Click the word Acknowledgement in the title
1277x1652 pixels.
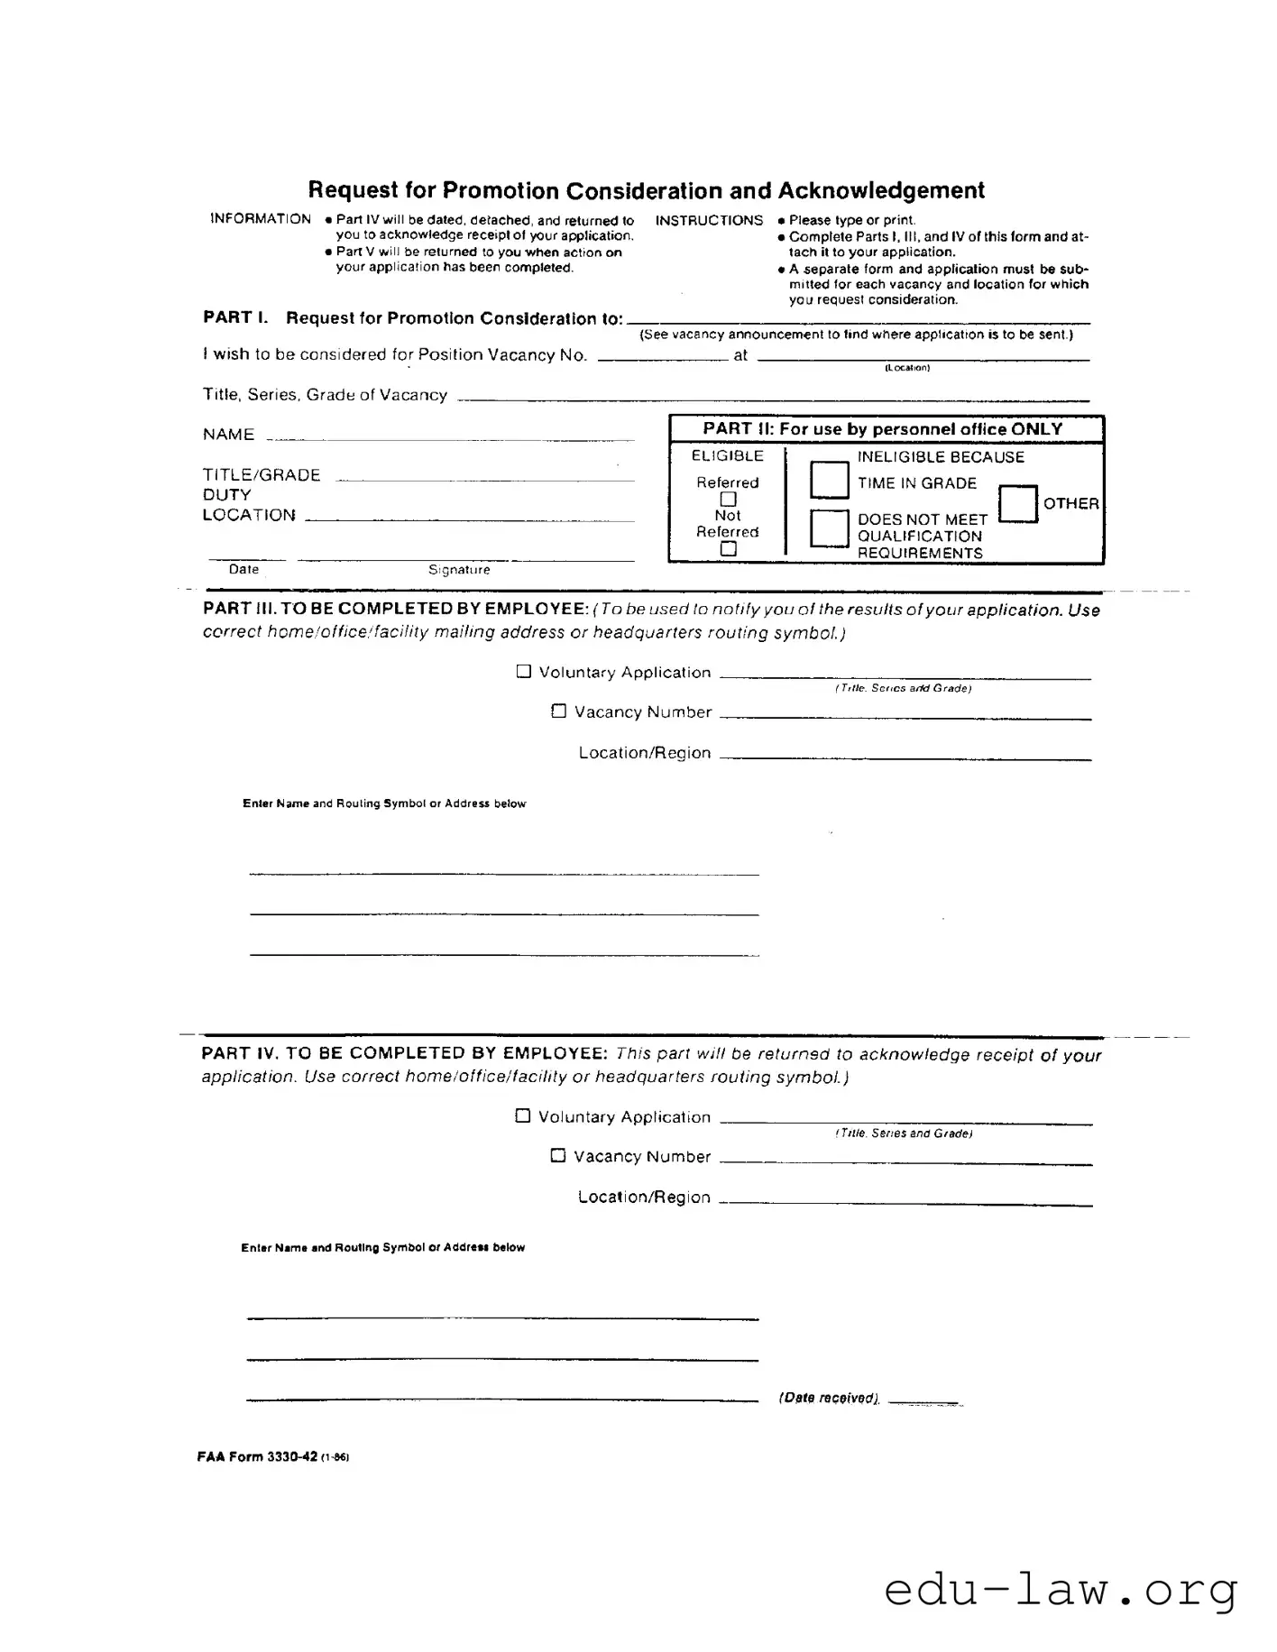(880, 190)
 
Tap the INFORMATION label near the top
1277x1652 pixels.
(260, 219)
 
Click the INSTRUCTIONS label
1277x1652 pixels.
(709, 220)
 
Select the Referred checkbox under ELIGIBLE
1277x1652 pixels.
(729, 500)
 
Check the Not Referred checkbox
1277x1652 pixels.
(729, 548)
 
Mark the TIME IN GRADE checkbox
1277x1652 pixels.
(829, 479)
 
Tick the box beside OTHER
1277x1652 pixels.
(1018, 503)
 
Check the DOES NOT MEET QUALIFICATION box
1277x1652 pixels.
(829, 528)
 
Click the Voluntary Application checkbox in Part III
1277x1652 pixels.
(524, 672)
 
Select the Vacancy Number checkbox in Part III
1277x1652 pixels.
(559, 711)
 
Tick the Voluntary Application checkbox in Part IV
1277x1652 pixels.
(523, 1116)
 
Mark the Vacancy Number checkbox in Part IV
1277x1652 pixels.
(558, 1156)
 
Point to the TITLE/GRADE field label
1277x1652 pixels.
(262, 475)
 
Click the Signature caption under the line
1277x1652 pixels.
(459, 570)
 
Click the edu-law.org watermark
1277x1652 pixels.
(1061, 1591)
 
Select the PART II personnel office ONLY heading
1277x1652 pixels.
(882, 429)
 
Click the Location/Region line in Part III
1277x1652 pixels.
(905, 758)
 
